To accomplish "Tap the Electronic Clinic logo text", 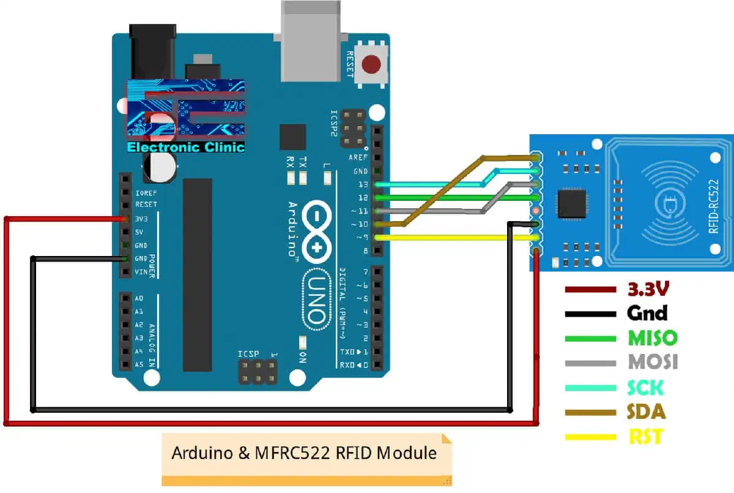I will coord(185,148).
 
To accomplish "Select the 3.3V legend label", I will coord(648,288).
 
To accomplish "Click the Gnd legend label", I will coord(647,313).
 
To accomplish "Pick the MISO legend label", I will coord(653,337).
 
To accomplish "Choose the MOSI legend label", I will coord(653,362).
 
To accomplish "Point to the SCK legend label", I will coord(646,387).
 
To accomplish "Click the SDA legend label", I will coord(647,412).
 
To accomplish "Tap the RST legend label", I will coord(645,437).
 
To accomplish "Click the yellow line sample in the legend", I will coord(590,437).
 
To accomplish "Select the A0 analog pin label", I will coord(139,299).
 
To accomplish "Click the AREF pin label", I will coord(358,157).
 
